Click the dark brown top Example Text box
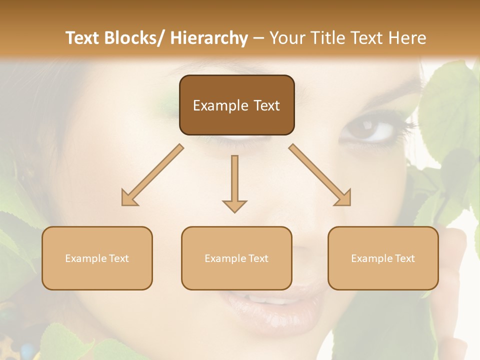pos(236,105)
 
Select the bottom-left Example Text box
pos(97,258)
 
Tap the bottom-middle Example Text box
pos(236,258)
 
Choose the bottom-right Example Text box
pos(383,258)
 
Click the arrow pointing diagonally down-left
pos(152,175)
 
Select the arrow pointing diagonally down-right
pos(320,175)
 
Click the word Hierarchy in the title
pos(209,38)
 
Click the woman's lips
pos(270,302)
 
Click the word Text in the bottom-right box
pos(405,258)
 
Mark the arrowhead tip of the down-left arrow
pos(123,204)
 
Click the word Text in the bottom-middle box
pos(258,258)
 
